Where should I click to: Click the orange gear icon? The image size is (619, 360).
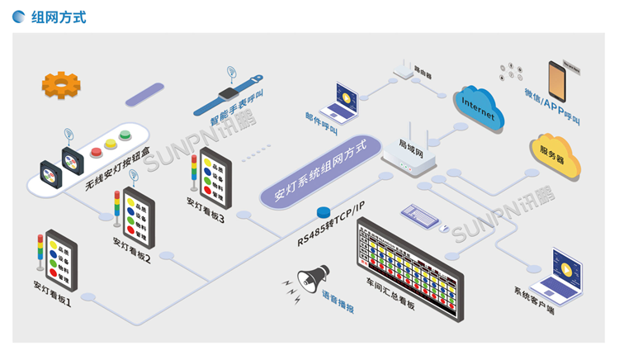61,85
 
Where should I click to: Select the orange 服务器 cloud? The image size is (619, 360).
555,154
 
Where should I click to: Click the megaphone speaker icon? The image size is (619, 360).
314,279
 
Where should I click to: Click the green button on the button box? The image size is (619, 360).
125,135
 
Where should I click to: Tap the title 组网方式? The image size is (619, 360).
58,17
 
